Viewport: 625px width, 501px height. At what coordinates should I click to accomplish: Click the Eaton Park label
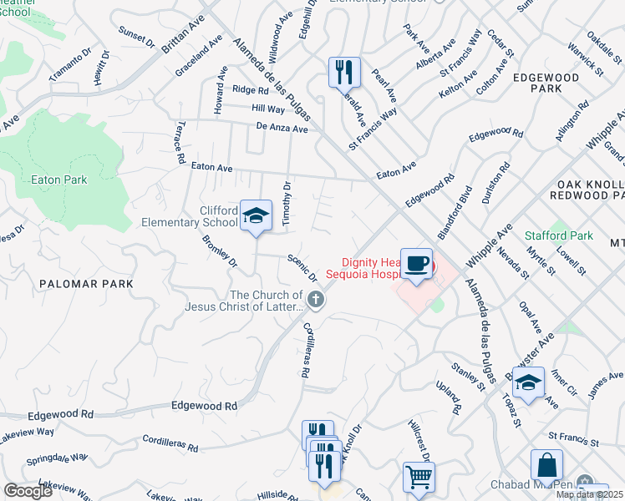(58, 180)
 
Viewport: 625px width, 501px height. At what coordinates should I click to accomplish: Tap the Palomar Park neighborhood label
(86, 284)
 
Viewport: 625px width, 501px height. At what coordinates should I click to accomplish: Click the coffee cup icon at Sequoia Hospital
(415, 264)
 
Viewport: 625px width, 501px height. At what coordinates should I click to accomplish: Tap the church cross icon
(316, 299)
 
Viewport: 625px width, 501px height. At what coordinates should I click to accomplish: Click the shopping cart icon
(419, 478)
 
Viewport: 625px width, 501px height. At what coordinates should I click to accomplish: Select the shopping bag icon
(546, 465)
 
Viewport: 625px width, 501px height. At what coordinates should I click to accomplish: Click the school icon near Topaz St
(528, 382)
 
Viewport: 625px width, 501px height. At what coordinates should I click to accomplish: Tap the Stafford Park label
(558, 235)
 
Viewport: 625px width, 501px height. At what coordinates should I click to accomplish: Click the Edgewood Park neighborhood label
(550, 82)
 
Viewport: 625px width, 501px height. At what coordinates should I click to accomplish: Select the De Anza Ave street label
(282, 128)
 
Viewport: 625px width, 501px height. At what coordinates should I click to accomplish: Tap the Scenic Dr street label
(302, 266)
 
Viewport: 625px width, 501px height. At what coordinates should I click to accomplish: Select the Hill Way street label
(268, 109)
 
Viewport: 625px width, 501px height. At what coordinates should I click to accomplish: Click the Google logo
(28, 491)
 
